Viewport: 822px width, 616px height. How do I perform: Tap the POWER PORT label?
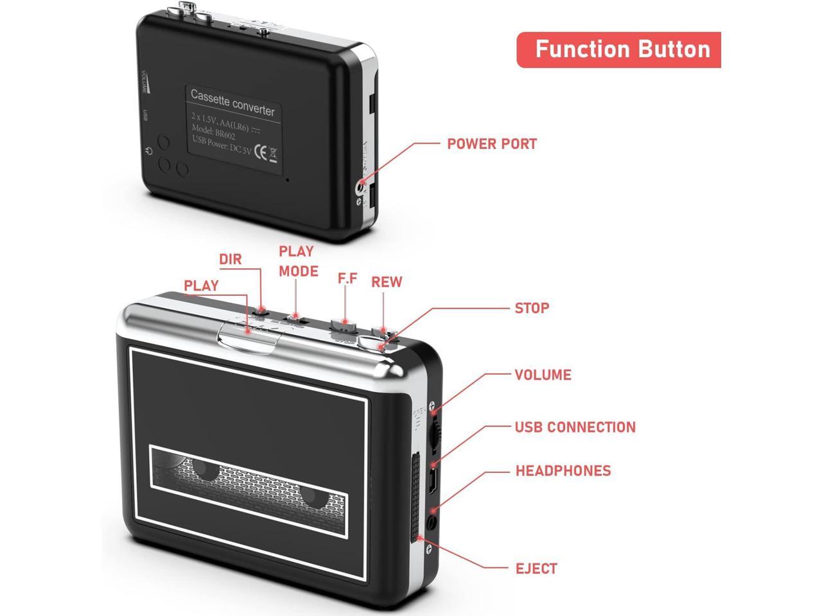click(491, 143)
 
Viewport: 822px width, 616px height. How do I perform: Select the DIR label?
click(231, 259)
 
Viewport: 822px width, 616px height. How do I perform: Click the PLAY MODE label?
click(298, 261)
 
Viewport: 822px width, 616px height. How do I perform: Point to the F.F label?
click(347, 279)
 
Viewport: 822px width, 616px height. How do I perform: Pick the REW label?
click(387, 282)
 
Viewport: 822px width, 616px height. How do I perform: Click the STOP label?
click(532, 308)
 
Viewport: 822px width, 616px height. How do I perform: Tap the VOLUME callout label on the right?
click(543, 375)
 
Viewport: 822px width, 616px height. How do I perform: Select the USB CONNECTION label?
click(575, 427)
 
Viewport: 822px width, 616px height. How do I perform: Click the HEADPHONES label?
click(563, 470)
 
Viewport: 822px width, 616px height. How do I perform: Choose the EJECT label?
click(536, 569)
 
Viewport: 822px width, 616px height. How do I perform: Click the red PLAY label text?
click(201, 286)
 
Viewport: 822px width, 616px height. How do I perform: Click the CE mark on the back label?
click(261, 152)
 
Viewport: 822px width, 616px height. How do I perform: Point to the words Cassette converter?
click(232, 102)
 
